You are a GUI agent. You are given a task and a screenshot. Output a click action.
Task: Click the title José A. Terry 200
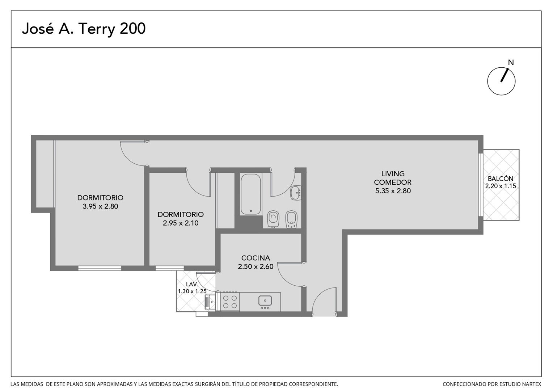coord(84,29)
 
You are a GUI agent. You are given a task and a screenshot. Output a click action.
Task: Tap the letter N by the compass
coord(511,63)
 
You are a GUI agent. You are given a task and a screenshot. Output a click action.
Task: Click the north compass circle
coord(501,81)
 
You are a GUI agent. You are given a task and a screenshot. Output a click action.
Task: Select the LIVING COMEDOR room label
coord(393,178)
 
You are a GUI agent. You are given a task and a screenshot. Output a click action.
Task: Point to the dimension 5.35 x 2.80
coord(393,191)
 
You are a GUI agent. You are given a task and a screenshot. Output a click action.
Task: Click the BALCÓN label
coord(501,178)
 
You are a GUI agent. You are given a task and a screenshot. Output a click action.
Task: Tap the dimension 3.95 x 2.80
coord(100,206)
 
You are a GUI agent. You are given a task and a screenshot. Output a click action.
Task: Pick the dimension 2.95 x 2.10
coord(181,223)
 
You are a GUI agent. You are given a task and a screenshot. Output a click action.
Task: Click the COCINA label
coord(256,258)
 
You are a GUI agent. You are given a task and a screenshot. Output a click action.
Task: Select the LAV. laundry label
coord(192,284)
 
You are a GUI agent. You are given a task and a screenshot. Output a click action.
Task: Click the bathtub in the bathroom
coord(250,194)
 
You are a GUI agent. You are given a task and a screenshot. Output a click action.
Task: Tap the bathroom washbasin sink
coord(296,193)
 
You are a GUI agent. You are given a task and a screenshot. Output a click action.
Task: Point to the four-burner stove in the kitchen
coord(230,302)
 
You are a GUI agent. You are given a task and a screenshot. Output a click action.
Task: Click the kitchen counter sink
coord(265,301)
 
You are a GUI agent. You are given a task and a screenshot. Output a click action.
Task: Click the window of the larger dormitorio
coord(100,268)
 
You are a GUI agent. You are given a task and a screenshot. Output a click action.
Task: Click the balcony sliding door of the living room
coord(480,185)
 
